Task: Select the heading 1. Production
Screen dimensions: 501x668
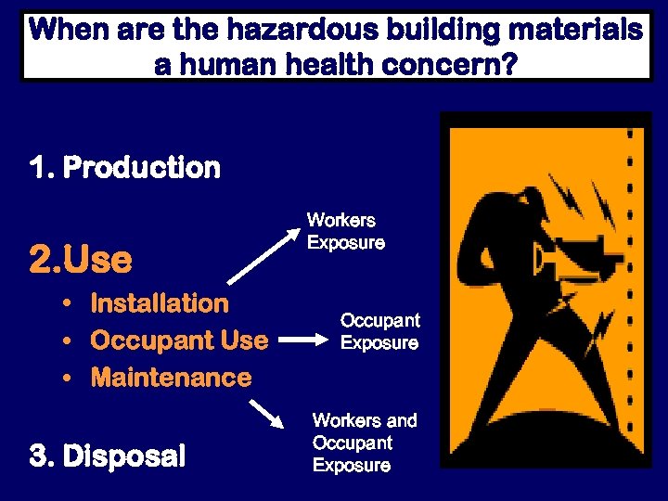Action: click(x=125, y=168)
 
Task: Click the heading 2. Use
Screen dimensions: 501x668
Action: click(x=81, y=260)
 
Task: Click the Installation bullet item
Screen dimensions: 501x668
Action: click(x=159, y=303)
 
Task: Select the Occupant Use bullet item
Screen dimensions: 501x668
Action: click(x=178, y=340)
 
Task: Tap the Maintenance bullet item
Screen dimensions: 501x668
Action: click(x=170, y=378)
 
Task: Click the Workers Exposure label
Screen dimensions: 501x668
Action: click(x=345, y=232)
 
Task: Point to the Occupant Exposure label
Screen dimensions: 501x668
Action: click(x=379, y=331)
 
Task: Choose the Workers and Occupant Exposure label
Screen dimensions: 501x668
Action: click(x=365, y=443)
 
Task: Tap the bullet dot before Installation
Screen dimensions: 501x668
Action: click(x=70, y=304)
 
